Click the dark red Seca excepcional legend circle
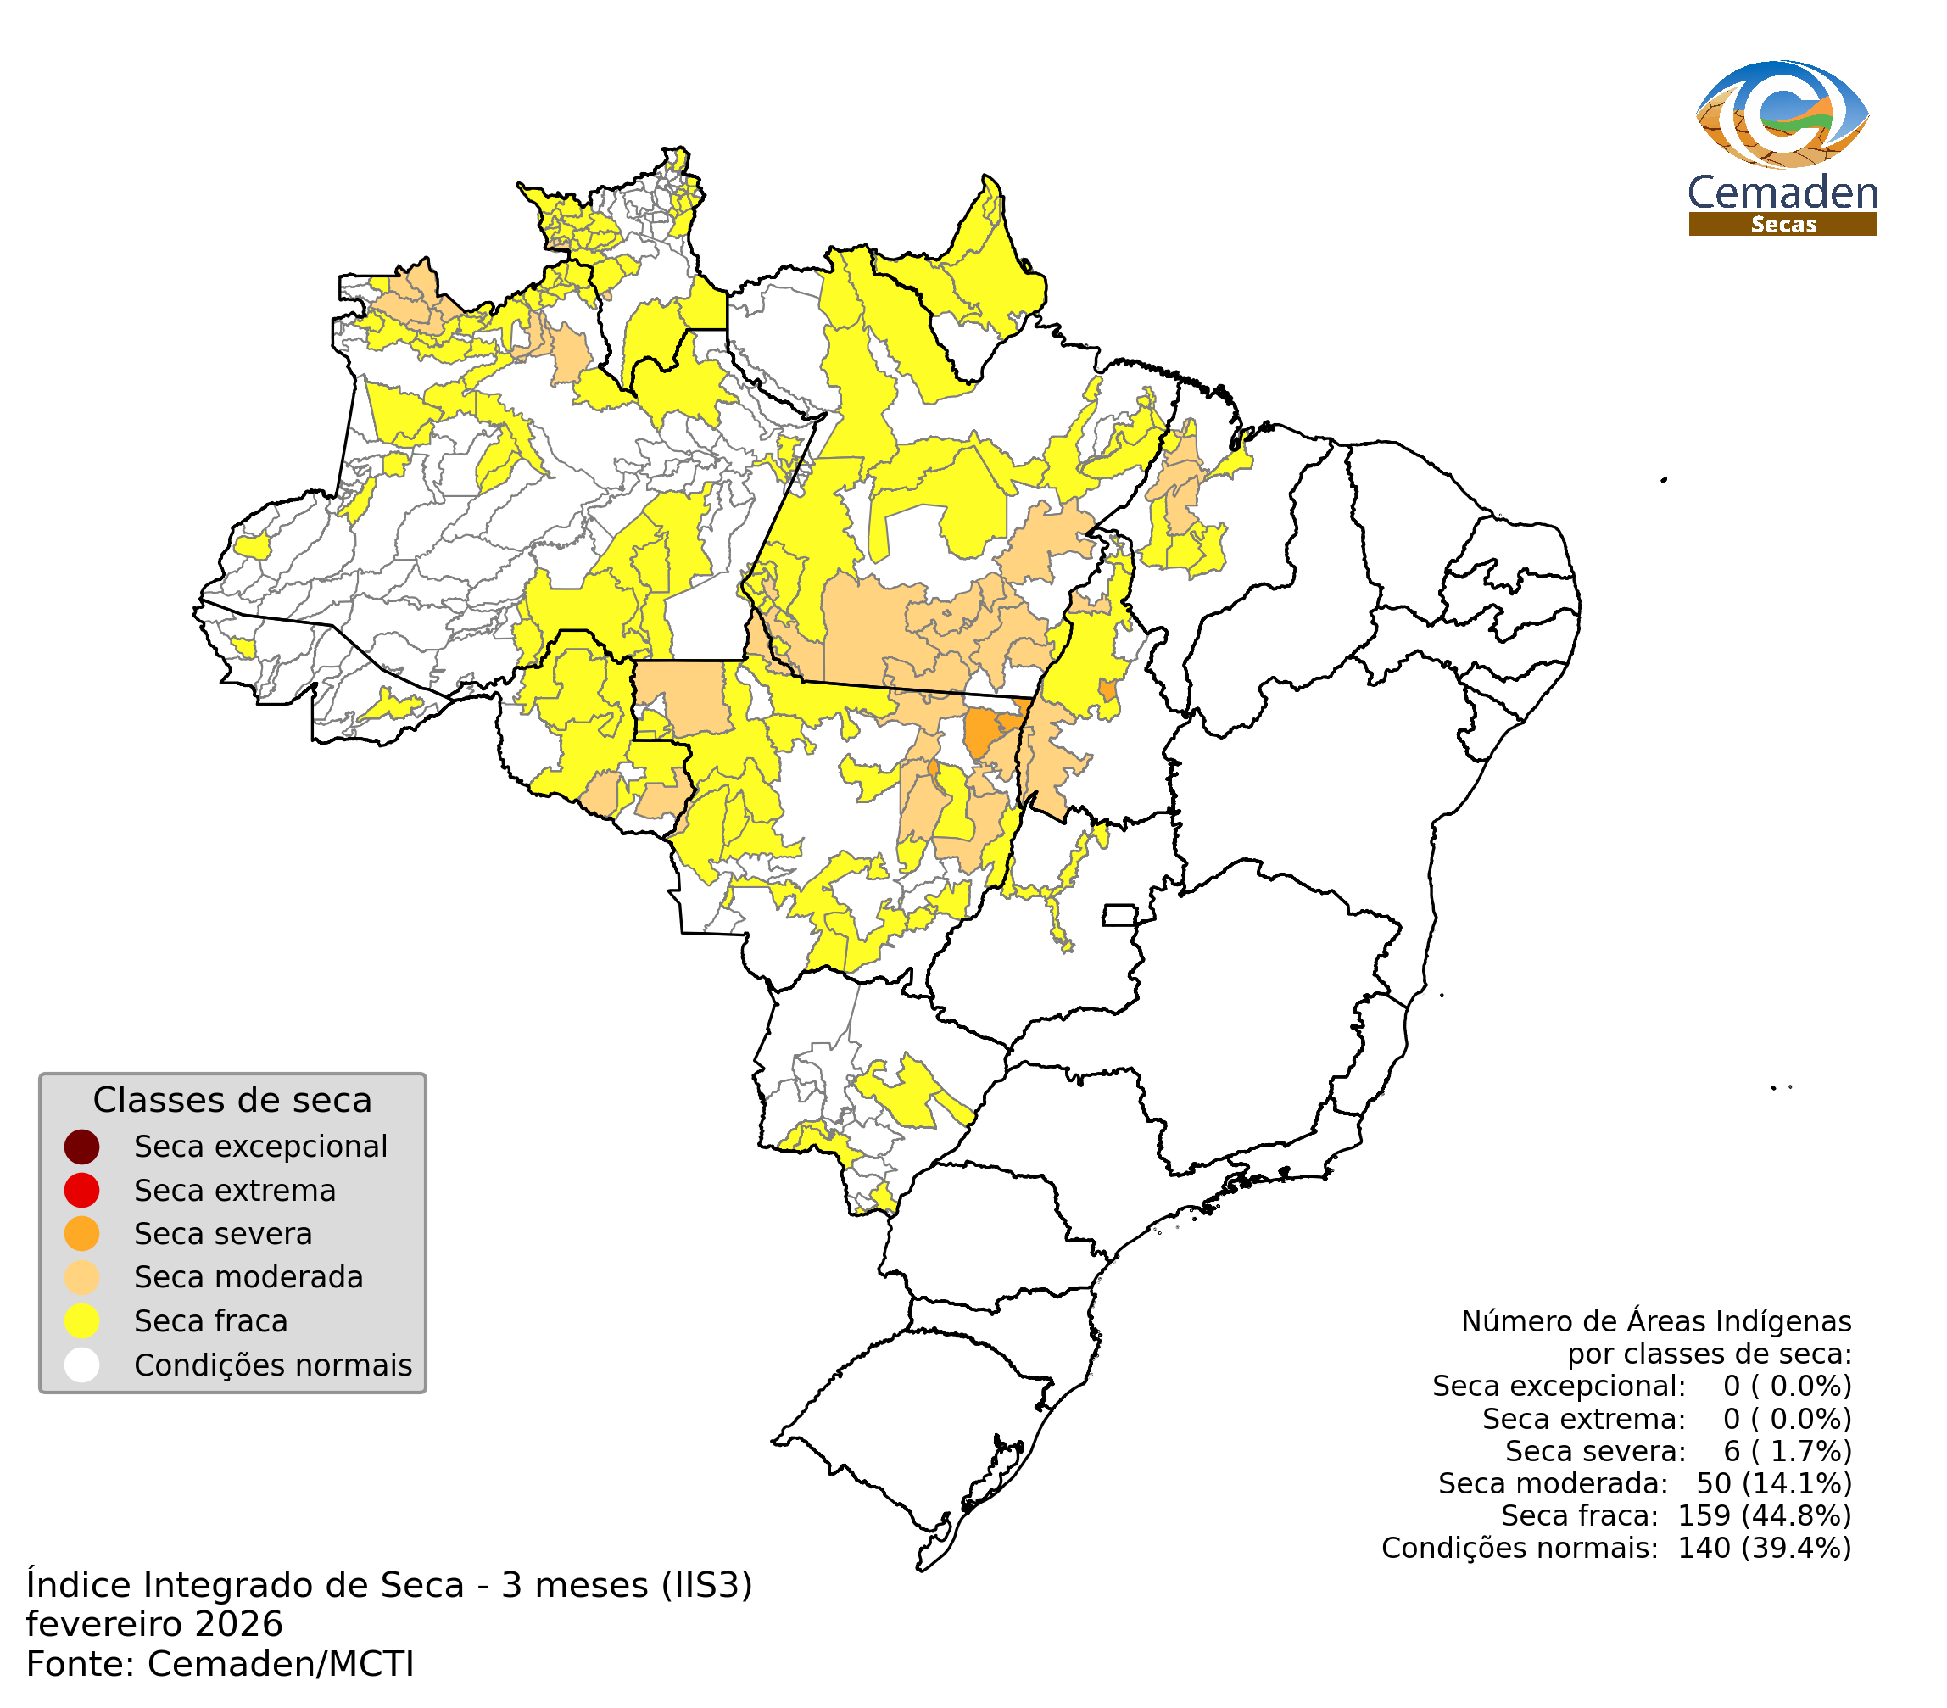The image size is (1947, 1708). (82, 1147)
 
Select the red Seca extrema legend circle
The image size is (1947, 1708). (82, 1191)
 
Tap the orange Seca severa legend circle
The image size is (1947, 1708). (82, 1234)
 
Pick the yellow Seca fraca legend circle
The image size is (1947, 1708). (82, 1321)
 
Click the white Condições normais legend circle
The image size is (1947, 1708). (82, 1365)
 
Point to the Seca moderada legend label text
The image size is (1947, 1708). (248, 1277)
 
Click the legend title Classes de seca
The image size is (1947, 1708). (232, 1100)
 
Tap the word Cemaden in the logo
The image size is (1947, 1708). (1782, 193)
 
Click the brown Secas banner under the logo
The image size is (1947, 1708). (1782, 225)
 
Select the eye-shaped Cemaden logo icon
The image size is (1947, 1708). (1782, 114)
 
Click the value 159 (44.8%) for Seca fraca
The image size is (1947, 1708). (1764, 1515)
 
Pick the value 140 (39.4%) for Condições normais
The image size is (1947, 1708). (1764, 1548)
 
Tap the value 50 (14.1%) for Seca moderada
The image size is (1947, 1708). (1774, 1483)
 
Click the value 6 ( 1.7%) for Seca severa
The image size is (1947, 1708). (1787, 1451)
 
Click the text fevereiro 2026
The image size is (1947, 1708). (154, 1624)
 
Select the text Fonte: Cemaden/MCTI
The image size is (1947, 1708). (220, 1664)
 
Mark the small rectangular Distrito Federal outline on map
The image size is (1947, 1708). (1120, 915)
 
